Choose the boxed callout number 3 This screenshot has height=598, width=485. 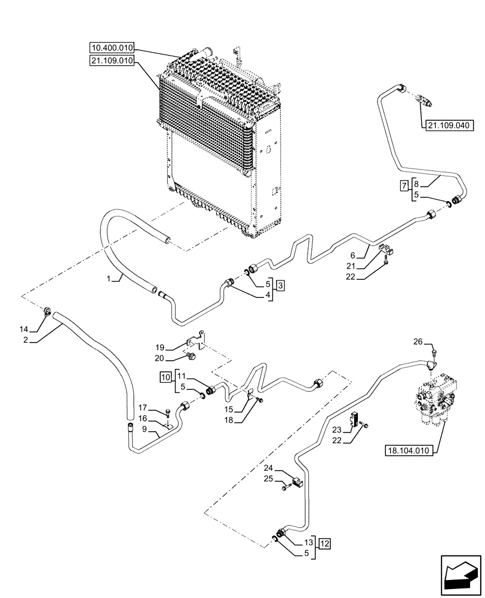(280, 285)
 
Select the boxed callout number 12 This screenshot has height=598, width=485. (324, 544)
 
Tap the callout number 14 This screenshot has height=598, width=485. (24, 328)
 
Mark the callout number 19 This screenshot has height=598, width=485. (160, 347)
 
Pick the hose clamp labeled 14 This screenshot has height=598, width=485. (47, 312)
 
